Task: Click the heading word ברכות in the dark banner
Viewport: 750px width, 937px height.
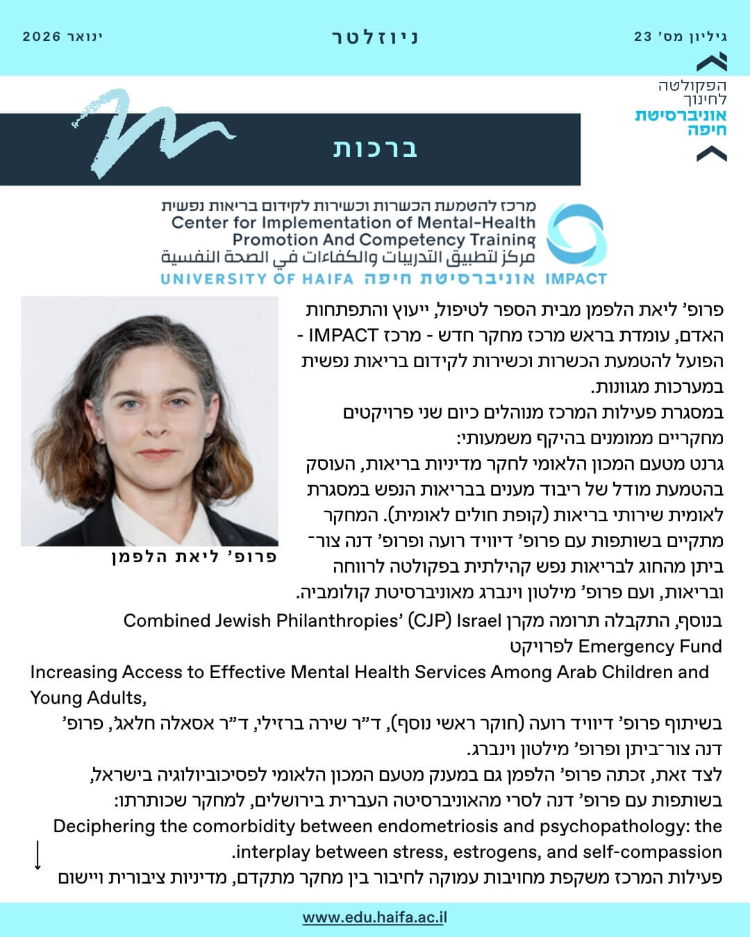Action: click(x=375, y=149)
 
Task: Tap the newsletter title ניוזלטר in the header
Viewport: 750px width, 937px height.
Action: click(x=375, y=37)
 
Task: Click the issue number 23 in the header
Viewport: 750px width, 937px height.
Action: click(x=642, y=37)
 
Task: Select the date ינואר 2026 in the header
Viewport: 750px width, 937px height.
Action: click(x=62, y=37)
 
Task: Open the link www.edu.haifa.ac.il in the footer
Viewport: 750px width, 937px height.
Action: click(x=375, y=918)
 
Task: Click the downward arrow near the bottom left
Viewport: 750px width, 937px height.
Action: click(x=37, y=855)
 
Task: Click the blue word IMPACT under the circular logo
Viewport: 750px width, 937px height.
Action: click(x=576, y=280)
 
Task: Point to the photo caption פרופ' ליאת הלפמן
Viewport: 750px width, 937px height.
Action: click(x=194, y=557)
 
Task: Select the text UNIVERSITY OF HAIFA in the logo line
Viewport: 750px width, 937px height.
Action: click(x=256, y=280)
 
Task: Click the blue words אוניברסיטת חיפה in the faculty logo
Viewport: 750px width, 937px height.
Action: click(x=681, y=122)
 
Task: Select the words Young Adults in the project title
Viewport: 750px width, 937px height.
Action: click(x=87, y=697)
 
